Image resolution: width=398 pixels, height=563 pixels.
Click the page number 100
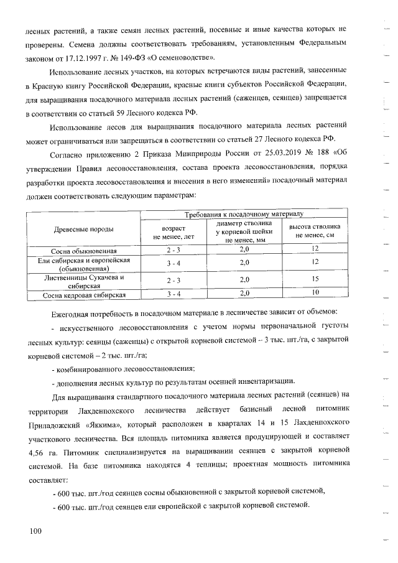(33, 530)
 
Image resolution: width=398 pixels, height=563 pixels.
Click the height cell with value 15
(315, 280)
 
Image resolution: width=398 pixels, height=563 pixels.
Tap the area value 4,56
(38, 452)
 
